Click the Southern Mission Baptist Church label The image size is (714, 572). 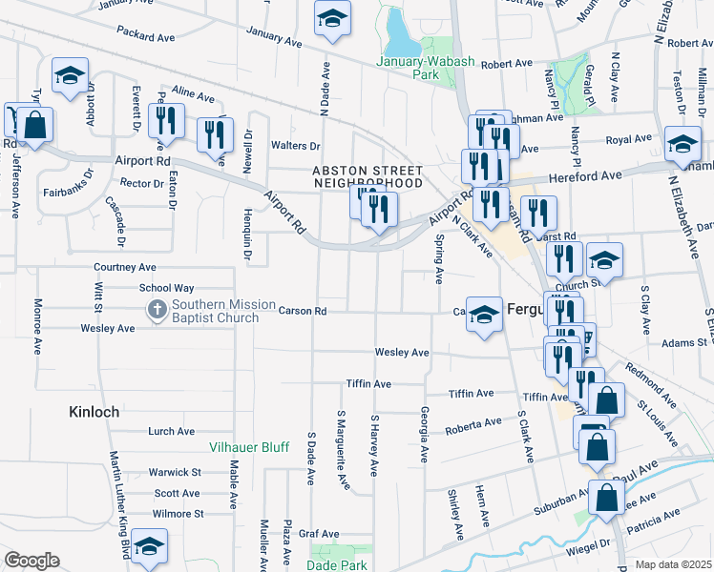click(x=215, y=311)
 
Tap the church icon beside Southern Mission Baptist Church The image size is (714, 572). click(x=156, y=310)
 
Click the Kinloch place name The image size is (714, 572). click(x=94, y=413)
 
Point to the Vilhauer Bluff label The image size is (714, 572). click(x=249, y=446)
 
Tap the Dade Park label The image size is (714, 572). click(x=336, y=564)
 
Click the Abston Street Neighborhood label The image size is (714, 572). click(x=367, y=175)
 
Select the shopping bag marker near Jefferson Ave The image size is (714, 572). click(x=33, y=125)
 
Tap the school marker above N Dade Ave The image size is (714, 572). click(x=332, y=20)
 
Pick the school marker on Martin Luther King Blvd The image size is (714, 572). click(x=148, y=547)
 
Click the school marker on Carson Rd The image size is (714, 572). click(x=485, y=316)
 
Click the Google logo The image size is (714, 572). click(x=31, y=561)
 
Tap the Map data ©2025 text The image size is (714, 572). click(x=673, y=564)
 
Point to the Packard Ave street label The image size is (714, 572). click(x=147, y=37)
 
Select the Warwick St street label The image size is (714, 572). click(x=175, y=472)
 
